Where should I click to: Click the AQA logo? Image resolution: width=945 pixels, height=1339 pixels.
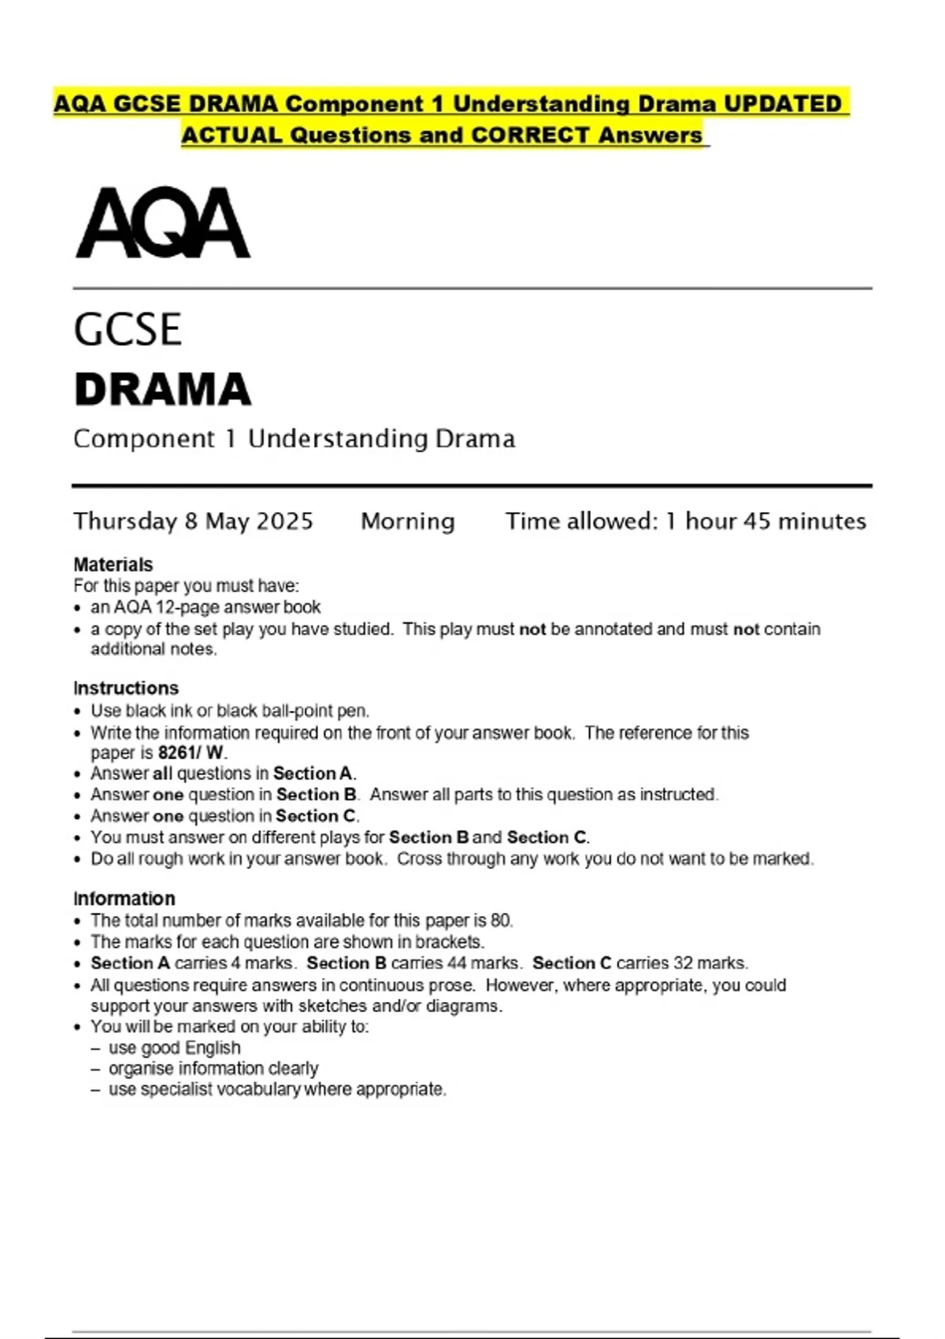pyautogui.click(x=163, y=223)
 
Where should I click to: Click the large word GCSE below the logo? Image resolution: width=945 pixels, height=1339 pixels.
pyautogui.click(x=128, y=329)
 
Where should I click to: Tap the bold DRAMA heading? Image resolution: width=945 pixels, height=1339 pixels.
pyautogui.click(x=163, y=389)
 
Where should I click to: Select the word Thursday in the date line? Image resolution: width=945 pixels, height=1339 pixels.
pyautogui.click(x=125, y=521)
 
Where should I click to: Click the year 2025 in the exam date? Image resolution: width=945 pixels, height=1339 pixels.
pyautogui.click(x=284, y=521)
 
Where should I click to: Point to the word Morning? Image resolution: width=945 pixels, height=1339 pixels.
pyautogui.click(x=408, y=521)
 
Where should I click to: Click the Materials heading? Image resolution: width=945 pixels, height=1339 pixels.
pyautogui.click(x=113, y=565)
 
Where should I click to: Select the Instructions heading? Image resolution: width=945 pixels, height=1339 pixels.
pyautogui.click(x=126, y=688)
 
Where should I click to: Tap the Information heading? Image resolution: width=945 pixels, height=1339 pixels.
pyautogui.click(x=124, y=899)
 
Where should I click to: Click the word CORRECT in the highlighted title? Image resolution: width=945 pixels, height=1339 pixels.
pyautogui.click(x=531, y=135)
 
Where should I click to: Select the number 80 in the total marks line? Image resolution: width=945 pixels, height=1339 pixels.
pyautogui.click(x=501, y=920)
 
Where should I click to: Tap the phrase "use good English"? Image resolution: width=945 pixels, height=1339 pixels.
pyautogui.click(x=175, y=1048)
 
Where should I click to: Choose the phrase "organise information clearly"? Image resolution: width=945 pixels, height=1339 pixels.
pyautogui.click(x=213, y=1069)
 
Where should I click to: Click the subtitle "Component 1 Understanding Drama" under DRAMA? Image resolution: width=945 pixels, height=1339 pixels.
pyautogui.click(x=295, y=439)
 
